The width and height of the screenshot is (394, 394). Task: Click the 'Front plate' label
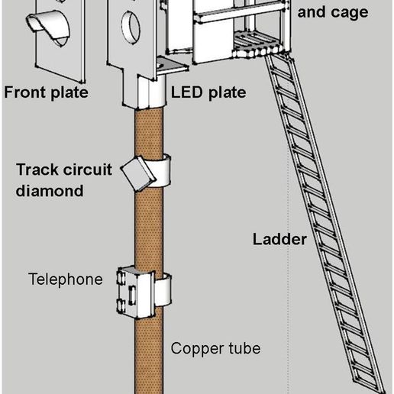point(46,92)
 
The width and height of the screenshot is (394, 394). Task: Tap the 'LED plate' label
point(208,92)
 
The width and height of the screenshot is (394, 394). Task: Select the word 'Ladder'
point(279,239)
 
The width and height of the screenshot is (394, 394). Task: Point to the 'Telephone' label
point(66,279)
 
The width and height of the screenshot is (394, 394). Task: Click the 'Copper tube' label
point(215,348)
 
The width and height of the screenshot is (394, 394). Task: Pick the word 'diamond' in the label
point(50,191)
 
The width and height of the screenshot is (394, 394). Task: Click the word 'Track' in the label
point(36,170)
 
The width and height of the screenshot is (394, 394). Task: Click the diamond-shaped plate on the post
point(137,173)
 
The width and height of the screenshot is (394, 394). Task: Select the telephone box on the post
point(135,292)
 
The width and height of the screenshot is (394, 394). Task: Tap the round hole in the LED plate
point(131,27)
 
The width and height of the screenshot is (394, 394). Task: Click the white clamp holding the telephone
point(163,289)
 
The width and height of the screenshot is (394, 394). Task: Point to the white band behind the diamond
point(161,171)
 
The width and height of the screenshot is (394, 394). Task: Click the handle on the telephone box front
point(132,295)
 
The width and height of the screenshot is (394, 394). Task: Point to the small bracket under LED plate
point(171,66)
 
